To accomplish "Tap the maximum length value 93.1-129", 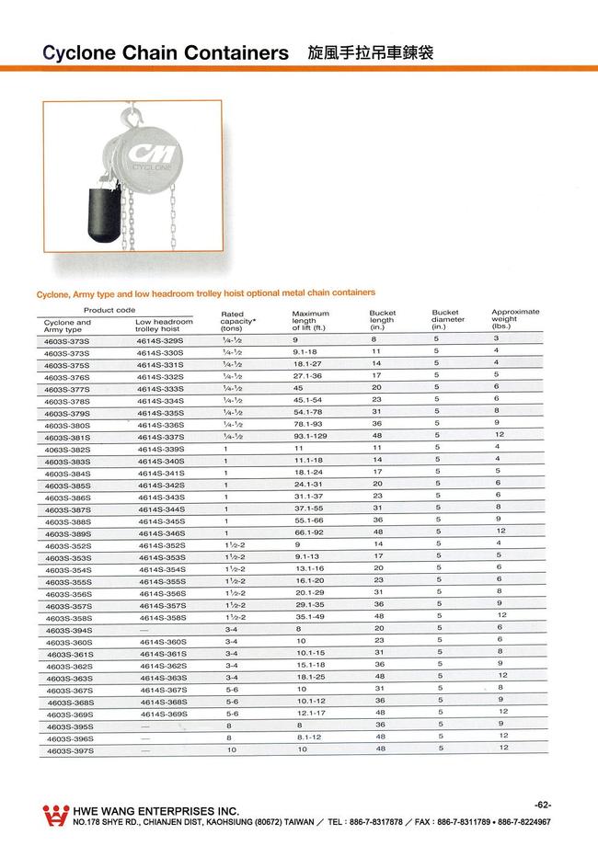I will pyautogui.click(x=311, y=437).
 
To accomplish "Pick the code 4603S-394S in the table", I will pyautogui.click(x=68, y=630).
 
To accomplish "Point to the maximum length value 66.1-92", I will pyautogui.click(x=308, y=532).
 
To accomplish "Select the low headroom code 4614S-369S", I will pyautogui.click(x=163, y=714).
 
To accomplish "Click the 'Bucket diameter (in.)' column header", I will pyautogui.click(x=448, y=320).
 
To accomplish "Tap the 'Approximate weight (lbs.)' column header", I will pyautogui.click(x=515, y=318).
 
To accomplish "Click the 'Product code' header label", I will pyautogui.click(x=110, y=310).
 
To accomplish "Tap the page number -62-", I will pyautogui.click(x=542, y=805).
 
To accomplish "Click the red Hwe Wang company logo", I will pyautogui.click(x=56, y=815).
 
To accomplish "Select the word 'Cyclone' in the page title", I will pyautogui.click(x=81, y=53).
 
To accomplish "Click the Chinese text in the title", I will pyautogui.click(x=370, y=53).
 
